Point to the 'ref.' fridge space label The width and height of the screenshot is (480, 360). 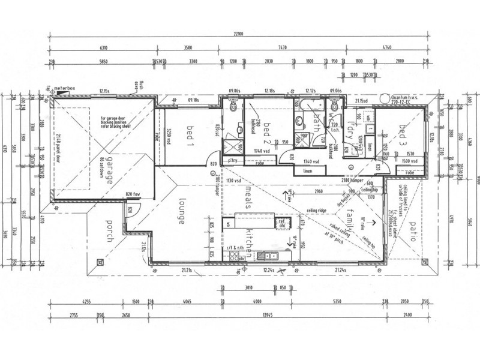pyautogui.click(x=279, y=221)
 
